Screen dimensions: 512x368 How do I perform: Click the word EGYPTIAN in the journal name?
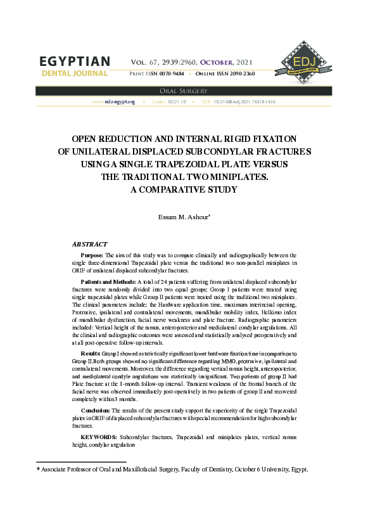coord(75,61)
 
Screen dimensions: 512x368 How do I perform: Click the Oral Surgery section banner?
coord(184,91)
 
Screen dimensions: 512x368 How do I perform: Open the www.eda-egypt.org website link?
coord(113,101)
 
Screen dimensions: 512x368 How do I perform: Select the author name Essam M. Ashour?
coord(182,217)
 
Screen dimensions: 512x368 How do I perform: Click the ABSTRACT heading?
coord(89,244)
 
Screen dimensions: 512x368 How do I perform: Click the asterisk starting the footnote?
coord(38,470)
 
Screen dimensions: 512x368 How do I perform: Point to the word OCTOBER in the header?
coord(217,63)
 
